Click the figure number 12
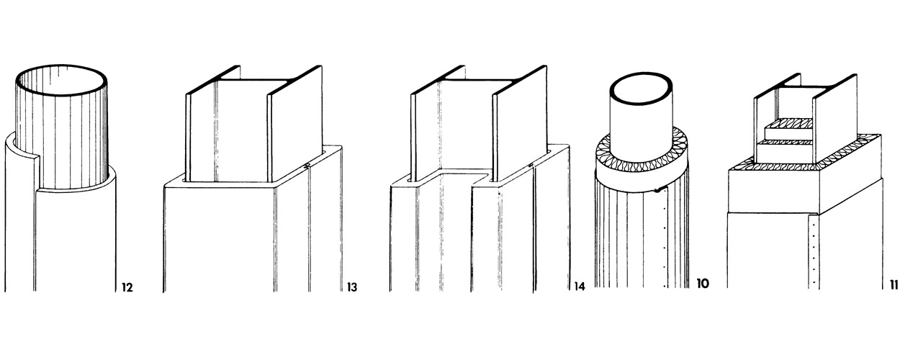(x=127, y=288)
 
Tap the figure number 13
(x=351, y=288)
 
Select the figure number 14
(x=580, y=287)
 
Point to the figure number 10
(x=703, y=284)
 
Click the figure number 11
(x=894, y=285)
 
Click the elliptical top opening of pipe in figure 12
(x=61, y=68)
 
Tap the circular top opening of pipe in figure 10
(x=641, y=75)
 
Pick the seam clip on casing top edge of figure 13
(x=307, y=165)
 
